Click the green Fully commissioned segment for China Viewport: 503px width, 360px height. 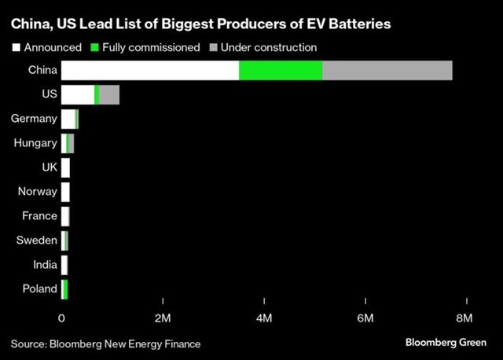coord(281,70)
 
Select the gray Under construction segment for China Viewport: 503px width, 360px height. coord(387,70)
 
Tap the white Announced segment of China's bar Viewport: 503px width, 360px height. coord(150,70)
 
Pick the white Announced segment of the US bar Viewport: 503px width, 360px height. coord(77,94)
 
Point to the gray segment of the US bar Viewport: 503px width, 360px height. coord(109,94)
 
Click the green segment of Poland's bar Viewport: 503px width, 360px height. coord(65,288)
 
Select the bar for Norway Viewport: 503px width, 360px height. coord(66,192)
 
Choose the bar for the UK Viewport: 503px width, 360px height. coord(66,167)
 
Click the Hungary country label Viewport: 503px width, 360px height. coord(35,143)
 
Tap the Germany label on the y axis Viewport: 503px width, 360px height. coord(34,119)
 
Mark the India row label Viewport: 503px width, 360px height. coord(45,265)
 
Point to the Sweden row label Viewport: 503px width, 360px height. coord(37,241)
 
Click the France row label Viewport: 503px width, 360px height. coord(39,216)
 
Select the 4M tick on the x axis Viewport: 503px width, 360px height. coord(265,318)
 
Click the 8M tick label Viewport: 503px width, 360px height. coord(464,318)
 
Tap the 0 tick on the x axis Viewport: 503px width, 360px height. coord(62,318)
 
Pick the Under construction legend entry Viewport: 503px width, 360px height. coord(263,47)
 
